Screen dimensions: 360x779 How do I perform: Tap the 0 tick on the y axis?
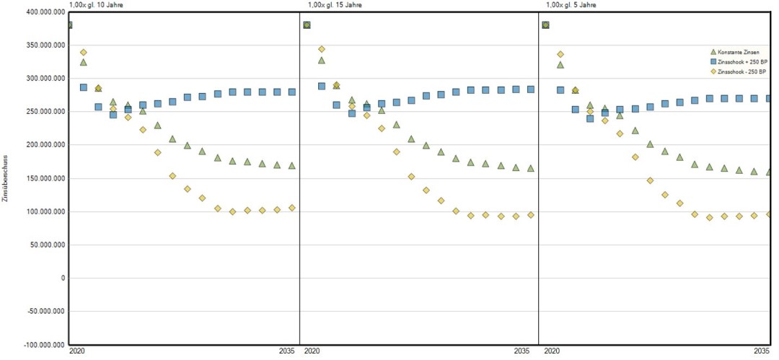(63, 278)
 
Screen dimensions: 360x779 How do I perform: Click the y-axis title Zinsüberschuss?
(6, 178)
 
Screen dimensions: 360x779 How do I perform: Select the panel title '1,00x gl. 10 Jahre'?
(97, 5)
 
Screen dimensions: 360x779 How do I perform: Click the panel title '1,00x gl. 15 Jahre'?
(334, 5)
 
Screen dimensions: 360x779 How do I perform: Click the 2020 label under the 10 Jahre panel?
(77, 352)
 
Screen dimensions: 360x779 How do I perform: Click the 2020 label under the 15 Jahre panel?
(312, 352)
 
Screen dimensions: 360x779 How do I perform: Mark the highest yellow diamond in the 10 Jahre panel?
(84, 53)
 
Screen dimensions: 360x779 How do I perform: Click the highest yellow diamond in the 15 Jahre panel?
(322, 49)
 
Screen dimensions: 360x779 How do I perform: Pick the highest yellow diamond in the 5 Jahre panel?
(560, 54)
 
